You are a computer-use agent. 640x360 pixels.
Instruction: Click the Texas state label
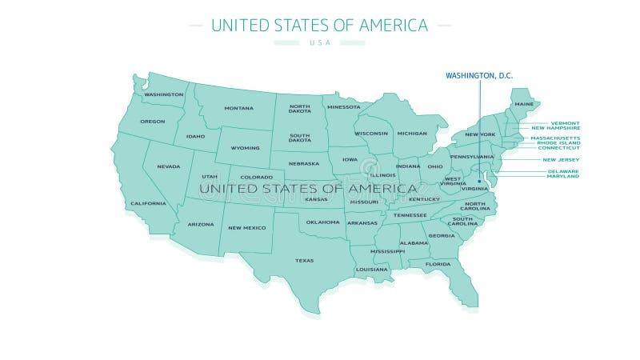pyautogui.click(x=304, y=260)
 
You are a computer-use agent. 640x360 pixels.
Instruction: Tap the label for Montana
pyautogui.click(x=238, y=108)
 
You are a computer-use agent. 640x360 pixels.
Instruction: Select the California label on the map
pyautogui.click(x=149, y=203)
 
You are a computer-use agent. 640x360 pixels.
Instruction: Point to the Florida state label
pyautogui.click(x=438, y=264)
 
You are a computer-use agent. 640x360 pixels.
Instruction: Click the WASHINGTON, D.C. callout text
pyautogui.click(x=478, y=75)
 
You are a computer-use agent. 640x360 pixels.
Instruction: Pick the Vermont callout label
pyautogui.click(x=565, y=123)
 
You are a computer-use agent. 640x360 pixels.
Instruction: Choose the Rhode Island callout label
pyautogui.click(x=558, y=142)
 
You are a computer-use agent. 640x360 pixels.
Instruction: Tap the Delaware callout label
pyautogui.click(x=563, y=170)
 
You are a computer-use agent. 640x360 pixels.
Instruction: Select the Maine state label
pyautogui.click(x=524, y=104)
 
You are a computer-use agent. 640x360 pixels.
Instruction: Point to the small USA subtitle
pyautogui.click(x=319, y=42)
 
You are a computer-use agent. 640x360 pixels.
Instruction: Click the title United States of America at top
pyautogui.click(x=319, y=25)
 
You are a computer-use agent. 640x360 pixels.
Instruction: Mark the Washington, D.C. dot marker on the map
pyautogui.click(x=479, y=181)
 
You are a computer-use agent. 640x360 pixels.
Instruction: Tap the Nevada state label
pyautogui.click(x=168, y=166)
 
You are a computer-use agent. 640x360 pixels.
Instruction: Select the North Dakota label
pyautogui.click(x=300, y=109)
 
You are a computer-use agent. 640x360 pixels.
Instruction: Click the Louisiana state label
pyautogui.click(x=372, y=270)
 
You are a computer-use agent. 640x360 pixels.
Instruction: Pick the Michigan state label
pyautogui.click(x=412, y=133)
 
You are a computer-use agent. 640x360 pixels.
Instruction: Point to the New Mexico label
pyautogui.click(x=246, y=227)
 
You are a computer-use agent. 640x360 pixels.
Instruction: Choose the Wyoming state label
pyautogui.click(x=245, y=148)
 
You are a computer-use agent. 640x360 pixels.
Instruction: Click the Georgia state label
pyautogui.click(x=442, y=235)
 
